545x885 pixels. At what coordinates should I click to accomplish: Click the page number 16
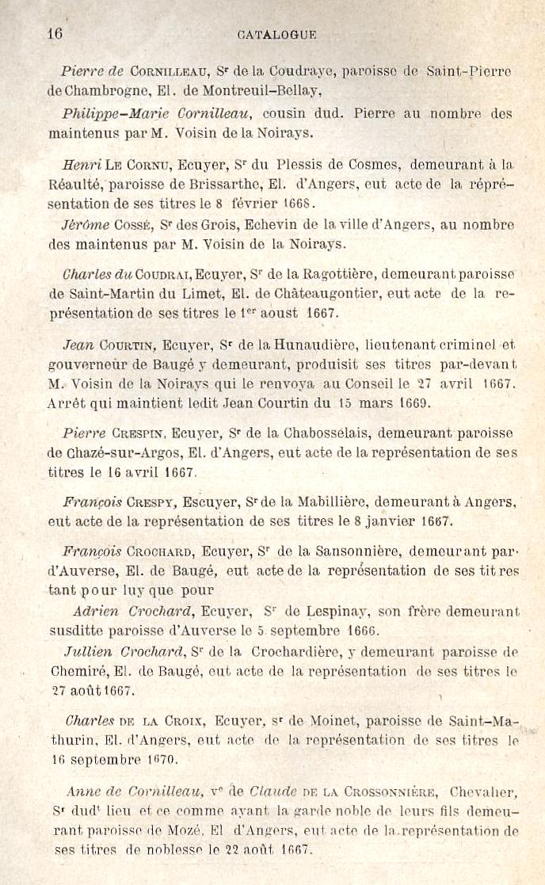click(55, 34)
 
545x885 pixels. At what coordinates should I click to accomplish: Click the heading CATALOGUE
click(276, 35)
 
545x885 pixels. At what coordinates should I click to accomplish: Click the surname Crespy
click(151, 502)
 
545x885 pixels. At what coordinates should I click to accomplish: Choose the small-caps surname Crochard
click(159, 551)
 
